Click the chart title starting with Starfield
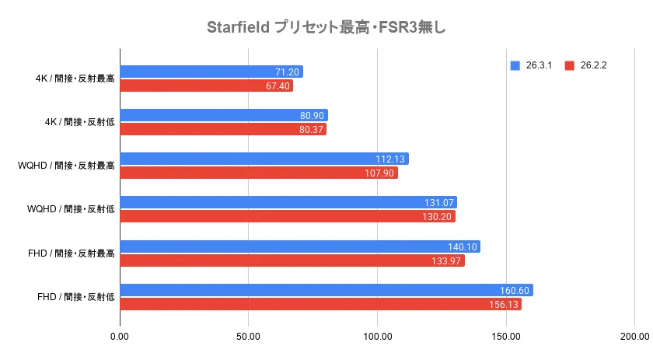pyautogui.click(x=326, y=28)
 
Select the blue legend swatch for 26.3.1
pyautogui.click(x=515, y=65)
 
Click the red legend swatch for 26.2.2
pyautogui.click(x=569, y=65)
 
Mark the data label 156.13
pyautogui.click(x=505, y=305)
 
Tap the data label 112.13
pyautogui.click(x=391, y=159)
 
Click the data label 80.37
pyautogui.click(x=309, y=130)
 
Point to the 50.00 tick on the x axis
pyautogui.click(x=248, y=336)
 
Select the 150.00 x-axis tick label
pyautogui.click(x=505, y=336)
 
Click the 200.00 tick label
pyautogui.click(x=634, y=336)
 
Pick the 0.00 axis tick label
pyautogui.click(x=120, y=336)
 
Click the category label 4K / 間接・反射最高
pyautogui.click(x=75, y=79)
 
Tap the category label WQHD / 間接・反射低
pyautogui.click(x=71, y=209)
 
